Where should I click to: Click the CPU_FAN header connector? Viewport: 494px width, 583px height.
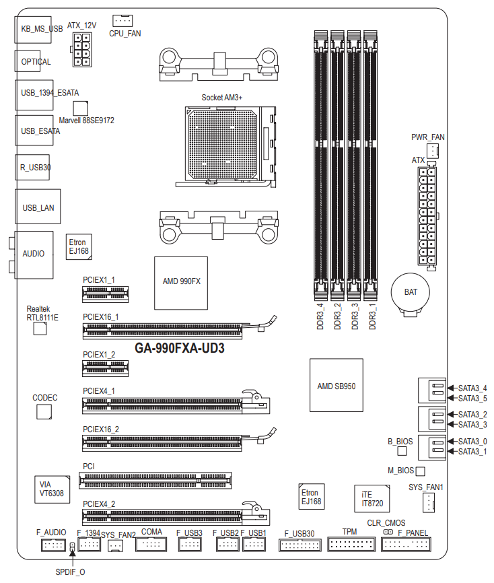pos(122,20)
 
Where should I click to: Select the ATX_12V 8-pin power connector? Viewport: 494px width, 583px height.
pos(82,49)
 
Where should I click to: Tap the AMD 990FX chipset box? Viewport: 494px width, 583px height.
pos(181,283)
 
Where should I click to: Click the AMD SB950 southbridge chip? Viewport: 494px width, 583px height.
pos(337,385)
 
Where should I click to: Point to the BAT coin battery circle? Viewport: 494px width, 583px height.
pos(411,292)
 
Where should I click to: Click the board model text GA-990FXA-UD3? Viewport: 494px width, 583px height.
pos(180,349)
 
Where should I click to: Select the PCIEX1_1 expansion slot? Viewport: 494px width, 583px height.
pos(106,294)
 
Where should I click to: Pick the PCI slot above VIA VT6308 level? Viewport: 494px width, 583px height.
pos(155,481)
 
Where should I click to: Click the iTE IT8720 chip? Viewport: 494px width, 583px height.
pos(372,499)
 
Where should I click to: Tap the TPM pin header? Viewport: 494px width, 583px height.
pos(351,545)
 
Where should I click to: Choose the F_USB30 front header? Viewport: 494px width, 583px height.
pos(300,545)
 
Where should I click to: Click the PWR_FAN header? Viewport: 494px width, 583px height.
pos(433,151)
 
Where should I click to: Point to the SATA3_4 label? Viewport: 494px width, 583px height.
pos(472,388)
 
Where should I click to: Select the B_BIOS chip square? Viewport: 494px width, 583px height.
pos(402,451)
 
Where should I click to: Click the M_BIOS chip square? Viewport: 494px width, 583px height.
pos(420,471)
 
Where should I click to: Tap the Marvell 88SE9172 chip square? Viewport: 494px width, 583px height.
pos(81,108)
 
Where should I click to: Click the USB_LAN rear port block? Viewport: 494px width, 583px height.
pos(38,207)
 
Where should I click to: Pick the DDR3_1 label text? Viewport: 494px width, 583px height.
pos(372,316)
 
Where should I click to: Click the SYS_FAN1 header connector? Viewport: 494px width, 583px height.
pos(429,503)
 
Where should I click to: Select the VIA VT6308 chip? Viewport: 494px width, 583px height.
pos(52,489)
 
